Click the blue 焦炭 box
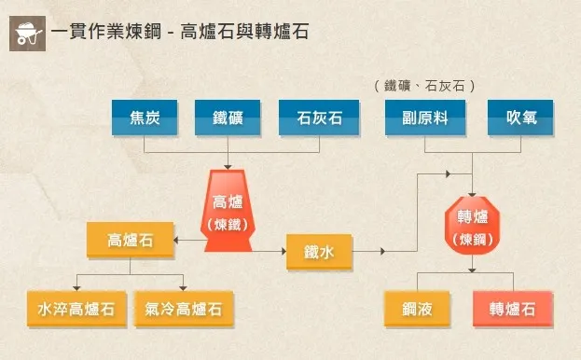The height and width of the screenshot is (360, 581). coord(144,118)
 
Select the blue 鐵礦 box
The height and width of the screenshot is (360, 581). coord(228,118)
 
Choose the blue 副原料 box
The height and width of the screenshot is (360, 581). coord(425,118)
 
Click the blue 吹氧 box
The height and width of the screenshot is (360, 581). coord(519,118)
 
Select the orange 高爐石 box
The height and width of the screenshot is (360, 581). coord(131,241)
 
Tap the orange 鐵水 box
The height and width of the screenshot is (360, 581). coord(320,252)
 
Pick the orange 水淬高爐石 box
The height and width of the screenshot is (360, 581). coord(76,309)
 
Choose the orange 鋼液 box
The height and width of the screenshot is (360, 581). coord(417,309)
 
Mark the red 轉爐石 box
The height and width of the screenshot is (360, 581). coord(513,309)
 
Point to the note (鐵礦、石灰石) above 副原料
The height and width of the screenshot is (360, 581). coord(425,85)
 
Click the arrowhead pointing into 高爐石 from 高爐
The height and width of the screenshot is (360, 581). coord(181,241)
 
